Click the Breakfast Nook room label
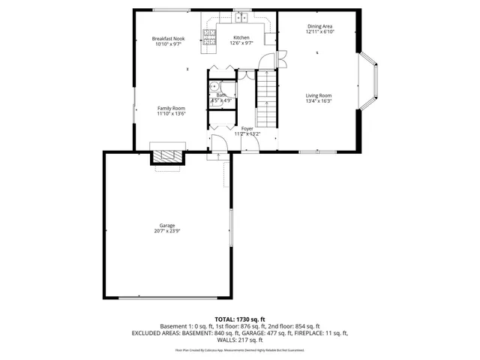[x=167, y=38]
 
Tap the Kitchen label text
[x=241, y=37]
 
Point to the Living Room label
[x=318, y=95]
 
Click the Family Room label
[x=171, y=108]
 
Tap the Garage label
[x=166, y=226]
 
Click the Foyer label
[x=247, y=129]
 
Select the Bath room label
[x=221, y=95]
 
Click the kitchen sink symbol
[x=241, y=17]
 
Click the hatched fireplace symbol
[x=167, y=156]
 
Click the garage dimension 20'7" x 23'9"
[x=166, y=231]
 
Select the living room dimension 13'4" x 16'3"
[x=318, y=100]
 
